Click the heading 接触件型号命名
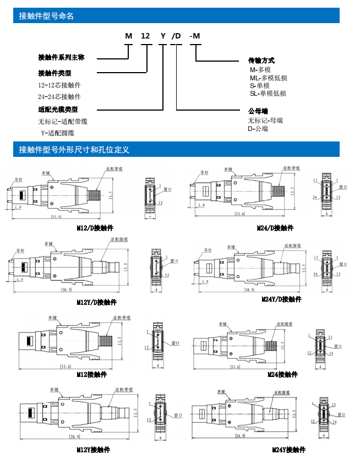click(46, 17)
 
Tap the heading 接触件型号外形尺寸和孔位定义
click(74, 150)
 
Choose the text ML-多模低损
click(269, 78)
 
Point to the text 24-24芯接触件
click(59, 96)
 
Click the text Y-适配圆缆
click(58, 133)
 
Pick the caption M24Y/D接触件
click(281, 299)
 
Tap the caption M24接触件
click(282, 375)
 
